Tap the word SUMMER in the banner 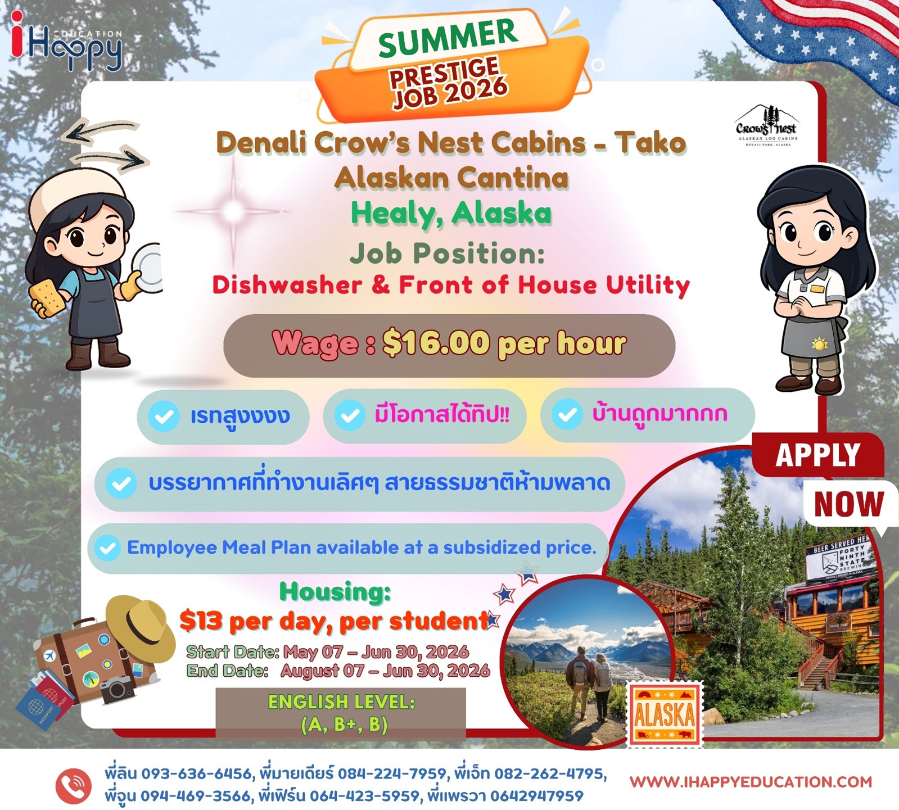448,37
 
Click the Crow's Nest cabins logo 766,126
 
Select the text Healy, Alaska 451,214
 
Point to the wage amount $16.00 436,343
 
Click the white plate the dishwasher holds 148,267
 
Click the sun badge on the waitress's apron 819,343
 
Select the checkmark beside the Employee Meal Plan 107,548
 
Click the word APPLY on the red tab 818,455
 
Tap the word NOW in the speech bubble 849,504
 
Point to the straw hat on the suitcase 141,627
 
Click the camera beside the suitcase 118,689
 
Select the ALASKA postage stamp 665,714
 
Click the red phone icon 74,785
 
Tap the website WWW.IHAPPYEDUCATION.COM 751,782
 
